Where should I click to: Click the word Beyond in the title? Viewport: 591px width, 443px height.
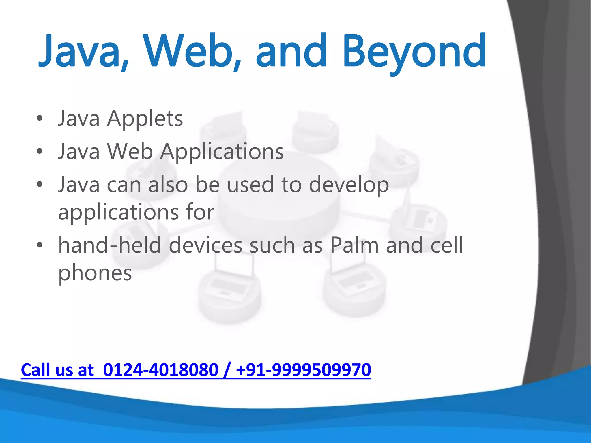(x=414, y=52)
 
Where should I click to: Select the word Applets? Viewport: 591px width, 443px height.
(x=145, y=119)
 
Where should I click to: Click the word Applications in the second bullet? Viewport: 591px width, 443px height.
(x=222, y=152)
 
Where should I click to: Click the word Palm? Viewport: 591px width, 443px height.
(x=354, y=245)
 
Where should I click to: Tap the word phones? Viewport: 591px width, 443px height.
(x=95, y=273)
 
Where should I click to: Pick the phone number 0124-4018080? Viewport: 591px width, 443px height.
(x=160, y=370)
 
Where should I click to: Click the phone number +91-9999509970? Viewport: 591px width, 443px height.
(x=303, y=370)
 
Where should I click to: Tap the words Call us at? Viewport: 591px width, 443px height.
(x=57, y=370)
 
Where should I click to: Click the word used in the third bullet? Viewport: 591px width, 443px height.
(x=250, y=185)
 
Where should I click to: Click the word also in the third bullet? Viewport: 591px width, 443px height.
(x=168, y=185)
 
